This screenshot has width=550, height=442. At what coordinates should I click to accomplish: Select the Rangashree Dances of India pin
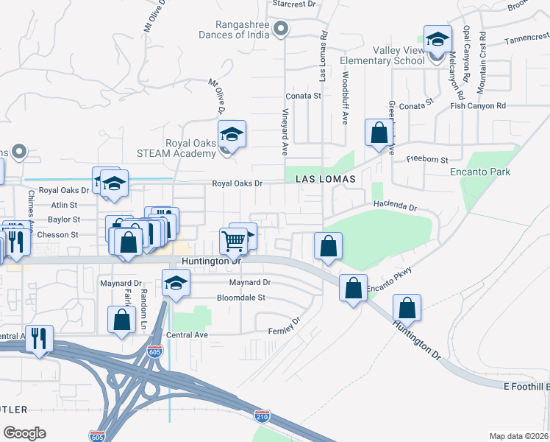coord(280,29)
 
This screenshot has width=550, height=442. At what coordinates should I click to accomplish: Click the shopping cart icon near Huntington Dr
coord(233,239)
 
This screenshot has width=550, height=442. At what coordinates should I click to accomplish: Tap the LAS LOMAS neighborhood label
coord(326,179)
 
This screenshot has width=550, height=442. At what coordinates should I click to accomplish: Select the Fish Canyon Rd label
coord(479,106)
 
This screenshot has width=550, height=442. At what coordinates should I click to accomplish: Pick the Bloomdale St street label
coord(240,298)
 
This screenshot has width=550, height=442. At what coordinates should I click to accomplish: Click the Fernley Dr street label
coord(285,326)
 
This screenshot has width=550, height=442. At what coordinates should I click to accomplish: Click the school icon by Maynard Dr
coord(175,284)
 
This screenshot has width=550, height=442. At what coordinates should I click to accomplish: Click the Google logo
coord(24,432)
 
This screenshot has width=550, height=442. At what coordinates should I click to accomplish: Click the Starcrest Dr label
coord(293,4)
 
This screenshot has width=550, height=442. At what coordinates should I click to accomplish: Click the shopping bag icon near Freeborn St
coord(378,134)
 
